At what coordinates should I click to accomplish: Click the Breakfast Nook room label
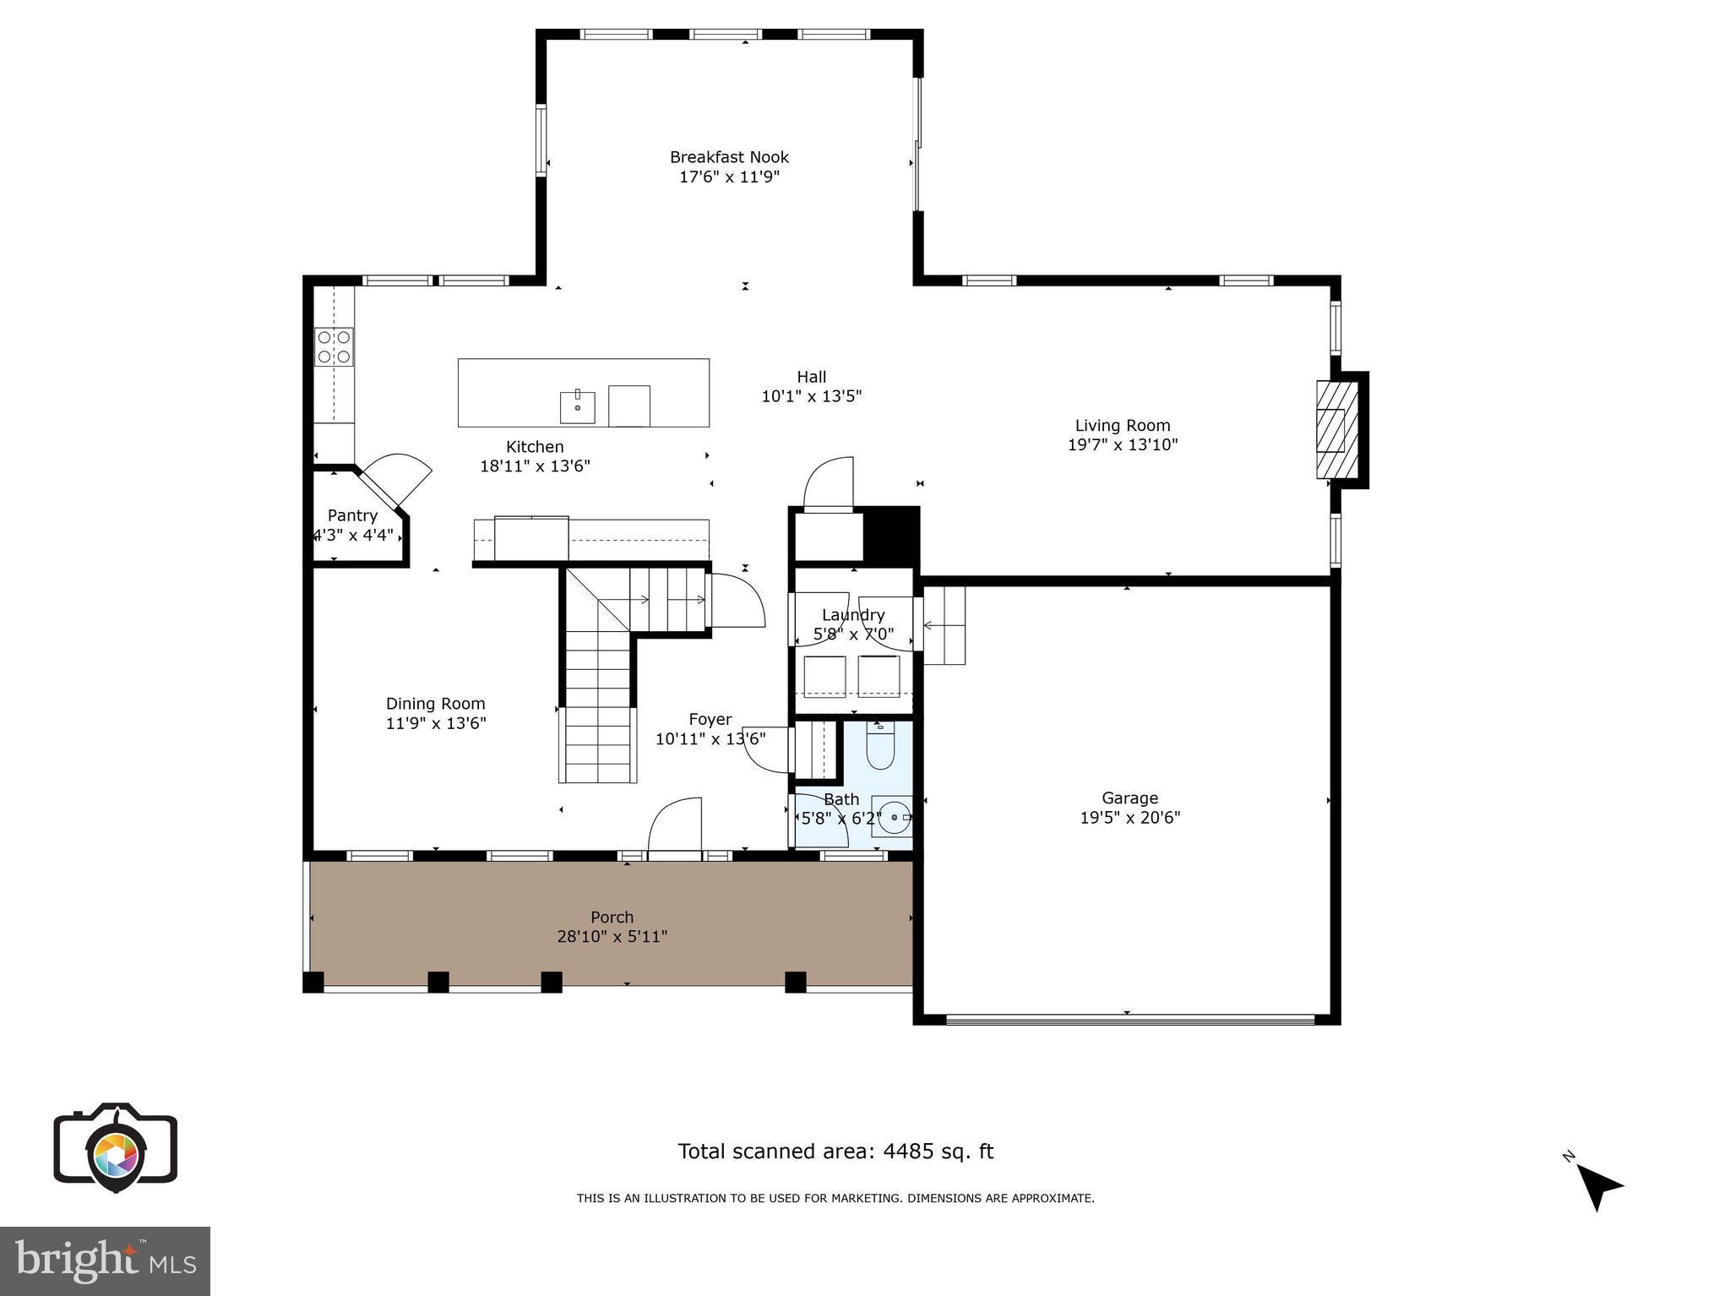coord(729,157)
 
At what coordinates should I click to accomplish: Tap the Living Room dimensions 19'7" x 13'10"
coord(1123,445)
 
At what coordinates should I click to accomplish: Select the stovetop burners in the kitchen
coord(334,347)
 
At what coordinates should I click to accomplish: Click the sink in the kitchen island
coord(578,407)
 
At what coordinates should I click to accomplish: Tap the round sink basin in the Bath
coord(894,818)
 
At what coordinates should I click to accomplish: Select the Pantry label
coord(352,515)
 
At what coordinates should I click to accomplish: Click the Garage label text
coord(1129,798)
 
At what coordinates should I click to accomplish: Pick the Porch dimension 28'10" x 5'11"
coord(612,936)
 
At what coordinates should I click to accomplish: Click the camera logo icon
coord(116,1147)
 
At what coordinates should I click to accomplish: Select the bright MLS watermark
coord(105,1261)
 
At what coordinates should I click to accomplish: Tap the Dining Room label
coord(435,704)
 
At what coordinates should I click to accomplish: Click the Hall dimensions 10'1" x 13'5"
coord(811,396)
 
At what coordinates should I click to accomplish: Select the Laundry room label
coord(853,615)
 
